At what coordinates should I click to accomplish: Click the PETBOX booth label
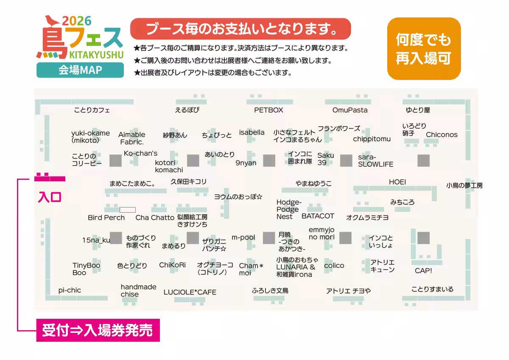tap(268, 110)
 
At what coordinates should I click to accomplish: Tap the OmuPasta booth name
tap(350, 110)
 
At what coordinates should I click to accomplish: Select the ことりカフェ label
tap(92, 110)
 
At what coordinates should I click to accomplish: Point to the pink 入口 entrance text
tap(50, 197)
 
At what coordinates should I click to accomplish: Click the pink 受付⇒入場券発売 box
tap(98, 330)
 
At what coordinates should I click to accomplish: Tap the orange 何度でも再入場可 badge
tap(424, 49)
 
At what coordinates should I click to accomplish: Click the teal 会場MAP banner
tap(80, 70)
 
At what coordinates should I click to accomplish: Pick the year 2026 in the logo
tap(77, 21)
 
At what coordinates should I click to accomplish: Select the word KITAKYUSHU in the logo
tap(96, 55)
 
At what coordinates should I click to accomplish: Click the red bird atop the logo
tap(52, 20)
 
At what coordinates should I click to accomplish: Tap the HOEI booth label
tap(397, 182)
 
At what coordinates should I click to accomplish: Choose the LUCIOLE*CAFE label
tap(190, 292)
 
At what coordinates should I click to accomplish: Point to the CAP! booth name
tap(423, 270)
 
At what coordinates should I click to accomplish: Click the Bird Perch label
tap(106, 218)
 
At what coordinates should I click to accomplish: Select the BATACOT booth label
tap(318, 216)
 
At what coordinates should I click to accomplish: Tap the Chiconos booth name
tap(442, 135)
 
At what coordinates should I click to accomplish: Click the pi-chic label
tap(70, 290)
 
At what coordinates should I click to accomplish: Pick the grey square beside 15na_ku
tap(116, 238)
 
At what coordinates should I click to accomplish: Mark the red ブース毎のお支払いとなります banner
tap(241, 29)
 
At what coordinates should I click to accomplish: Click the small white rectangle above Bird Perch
tap(128, 210)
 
